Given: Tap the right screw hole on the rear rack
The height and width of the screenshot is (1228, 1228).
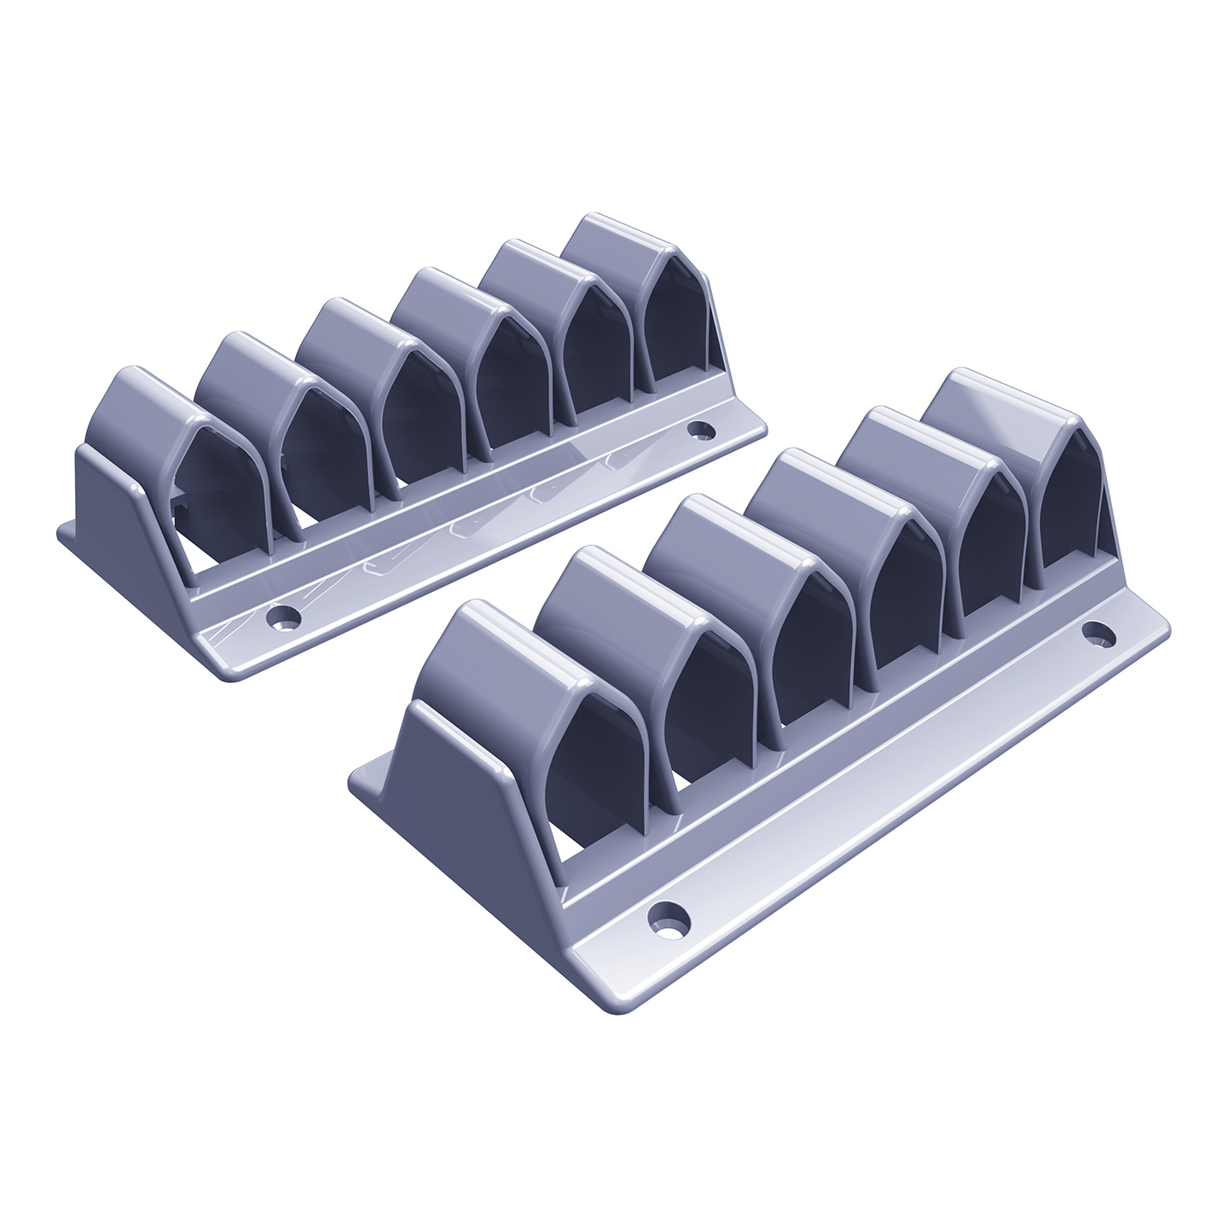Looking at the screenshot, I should click(702, 429).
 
